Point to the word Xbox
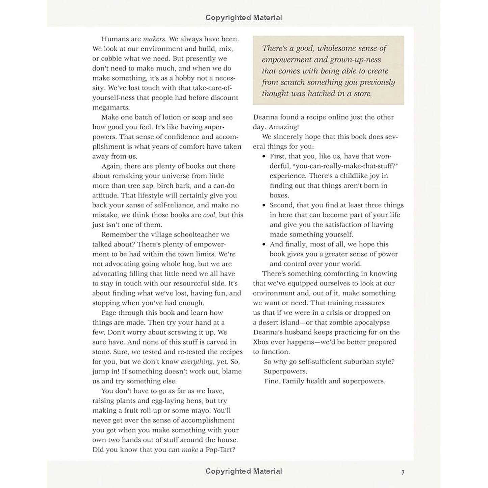261,342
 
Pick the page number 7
403,472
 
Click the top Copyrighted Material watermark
243,18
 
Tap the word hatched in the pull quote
321,94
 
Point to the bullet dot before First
264,157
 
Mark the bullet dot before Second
264,205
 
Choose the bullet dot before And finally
264,245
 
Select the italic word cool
209,215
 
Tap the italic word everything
197,362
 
